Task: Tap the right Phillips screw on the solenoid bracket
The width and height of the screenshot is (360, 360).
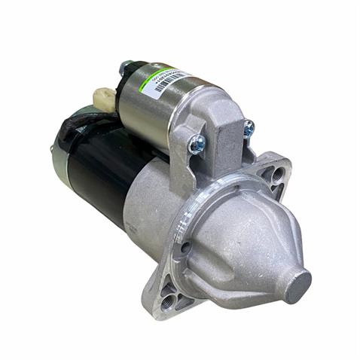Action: pos(249,129)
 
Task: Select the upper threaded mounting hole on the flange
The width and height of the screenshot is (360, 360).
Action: pos(279,174)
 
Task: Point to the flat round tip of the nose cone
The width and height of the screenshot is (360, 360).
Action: pos(297,285)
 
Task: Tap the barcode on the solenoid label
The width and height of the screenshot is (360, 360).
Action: pos(167,82)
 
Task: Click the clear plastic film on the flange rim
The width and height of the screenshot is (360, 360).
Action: pos(226,188)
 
